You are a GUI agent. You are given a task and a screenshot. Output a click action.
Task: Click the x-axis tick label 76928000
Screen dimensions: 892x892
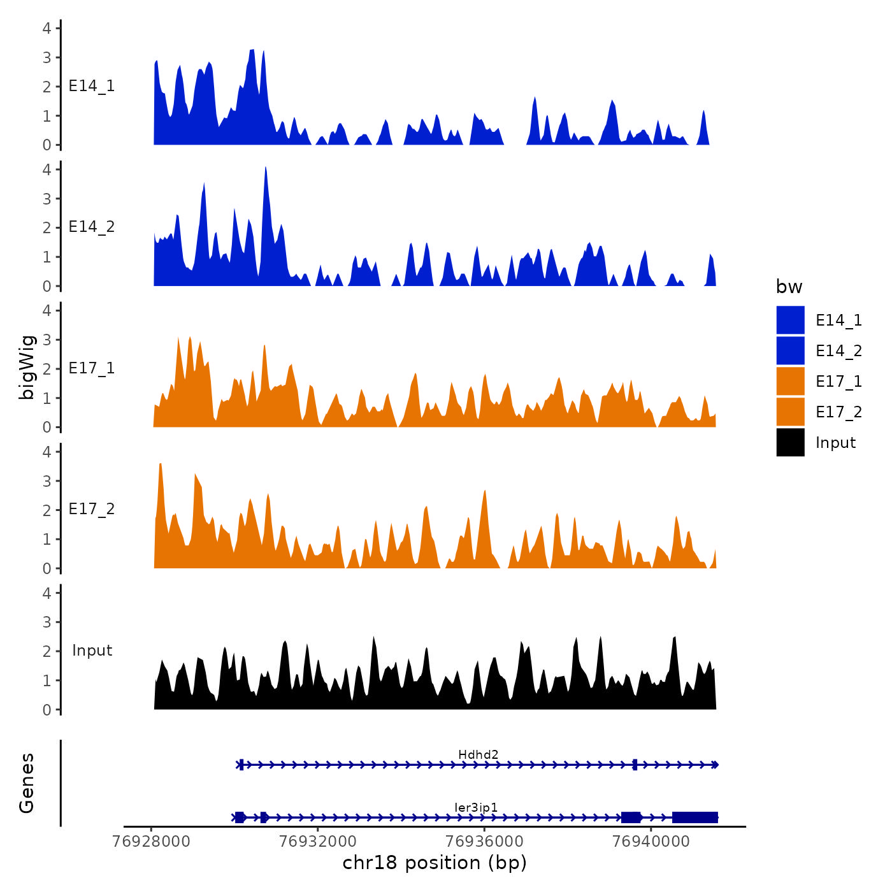151,842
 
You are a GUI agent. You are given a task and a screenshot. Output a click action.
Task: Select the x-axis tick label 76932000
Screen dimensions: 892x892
318,842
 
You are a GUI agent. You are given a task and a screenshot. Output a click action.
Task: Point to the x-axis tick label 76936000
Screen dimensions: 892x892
484,842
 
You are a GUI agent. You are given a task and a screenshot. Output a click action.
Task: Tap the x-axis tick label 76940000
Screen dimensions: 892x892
651,842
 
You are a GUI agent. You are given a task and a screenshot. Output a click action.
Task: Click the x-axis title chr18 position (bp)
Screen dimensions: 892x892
435,863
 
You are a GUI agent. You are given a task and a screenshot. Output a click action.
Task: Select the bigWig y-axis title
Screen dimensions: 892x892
27,368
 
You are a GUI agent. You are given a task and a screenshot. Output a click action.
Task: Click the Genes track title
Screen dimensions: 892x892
27,783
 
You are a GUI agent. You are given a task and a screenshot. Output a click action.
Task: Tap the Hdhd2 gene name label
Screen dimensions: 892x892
478,755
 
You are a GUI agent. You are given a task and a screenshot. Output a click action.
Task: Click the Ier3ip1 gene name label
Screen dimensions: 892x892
476,808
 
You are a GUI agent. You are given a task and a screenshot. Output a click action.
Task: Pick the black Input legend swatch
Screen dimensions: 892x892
790,442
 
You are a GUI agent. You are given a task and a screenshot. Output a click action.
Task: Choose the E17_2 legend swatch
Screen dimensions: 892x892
790,412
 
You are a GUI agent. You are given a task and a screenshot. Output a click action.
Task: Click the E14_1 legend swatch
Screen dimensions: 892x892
790,320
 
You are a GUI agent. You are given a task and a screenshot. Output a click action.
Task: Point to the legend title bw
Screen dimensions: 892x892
789,287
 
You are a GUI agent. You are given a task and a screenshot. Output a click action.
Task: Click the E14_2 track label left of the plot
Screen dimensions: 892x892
92,227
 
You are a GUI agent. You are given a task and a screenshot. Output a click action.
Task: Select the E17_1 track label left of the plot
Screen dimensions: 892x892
92,368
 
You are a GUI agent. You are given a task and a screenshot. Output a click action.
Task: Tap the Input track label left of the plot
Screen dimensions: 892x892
92,651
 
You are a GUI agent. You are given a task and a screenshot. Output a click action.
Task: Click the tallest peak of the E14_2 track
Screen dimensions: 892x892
265,168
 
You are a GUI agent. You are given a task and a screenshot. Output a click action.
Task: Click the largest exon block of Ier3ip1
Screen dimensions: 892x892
695,817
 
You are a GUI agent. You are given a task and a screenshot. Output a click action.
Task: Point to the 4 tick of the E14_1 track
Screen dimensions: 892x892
47,28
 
